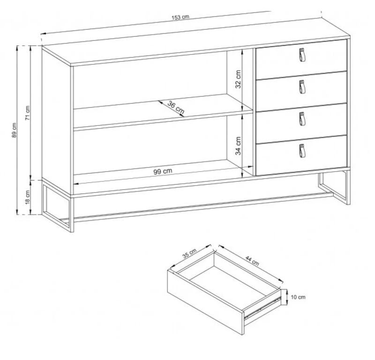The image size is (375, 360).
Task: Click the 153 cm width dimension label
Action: pos(180,17)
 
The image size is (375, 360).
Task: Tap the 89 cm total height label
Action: pos(14,130)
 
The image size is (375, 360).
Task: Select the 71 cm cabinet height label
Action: pos(28,113)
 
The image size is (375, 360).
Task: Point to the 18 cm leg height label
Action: pos(28,197)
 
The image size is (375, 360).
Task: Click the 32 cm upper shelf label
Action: pos(238,79)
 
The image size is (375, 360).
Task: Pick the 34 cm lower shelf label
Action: pos(238,146)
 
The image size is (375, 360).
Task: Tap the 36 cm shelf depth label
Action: pos(176,107)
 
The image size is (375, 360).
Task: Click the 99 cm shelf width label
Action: pos(163,171)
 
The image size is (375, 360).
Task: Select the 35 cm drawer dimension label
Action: pos(189,254)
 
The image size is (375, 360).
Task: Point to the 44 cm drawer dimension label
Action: pos(252,261)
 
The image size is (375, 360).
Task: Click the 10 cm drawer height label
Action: pos(298,297)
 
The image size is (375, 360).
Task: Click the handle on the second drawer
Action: pos(302,87)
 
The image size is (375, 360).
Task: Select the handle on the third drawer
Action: pos(302,119)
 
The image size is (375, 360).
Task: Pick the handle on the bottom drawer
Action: pos(302,151)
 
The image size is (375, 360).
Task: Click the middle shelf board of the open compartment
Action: pos(163,119)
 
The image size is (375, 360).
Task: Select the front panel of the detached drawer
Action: pos(205,302)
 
